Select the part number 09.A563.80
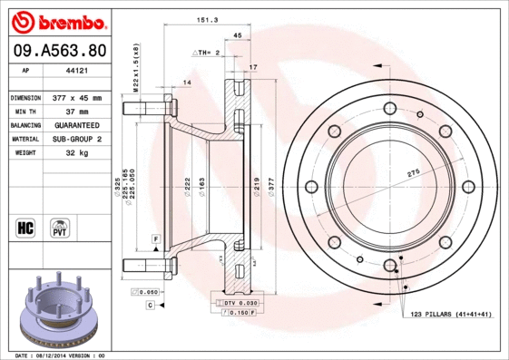(x=57, y=51)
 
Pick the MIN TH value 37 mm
(x=77, y=111)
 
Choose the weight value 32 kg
(x=77, y=153)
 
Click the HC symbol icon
(x=25, y=227)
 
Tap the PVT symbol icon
(x=61, y=227)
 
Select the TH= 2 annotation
(x=208, y=54)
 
